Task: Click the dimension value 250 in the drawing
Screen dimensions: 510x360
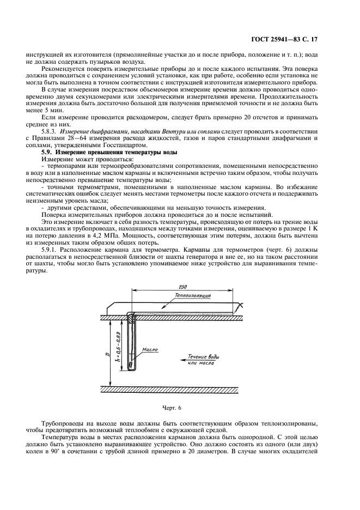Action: [x=182, y=287]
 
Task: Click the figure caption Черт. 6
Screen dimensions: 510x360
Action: [x=172, y=408]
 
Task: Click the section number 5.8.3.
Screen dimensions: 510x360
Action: [x=51, y=131]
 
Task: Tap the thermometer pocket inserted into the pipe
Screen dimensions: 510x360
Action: [x=131, y=343]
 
